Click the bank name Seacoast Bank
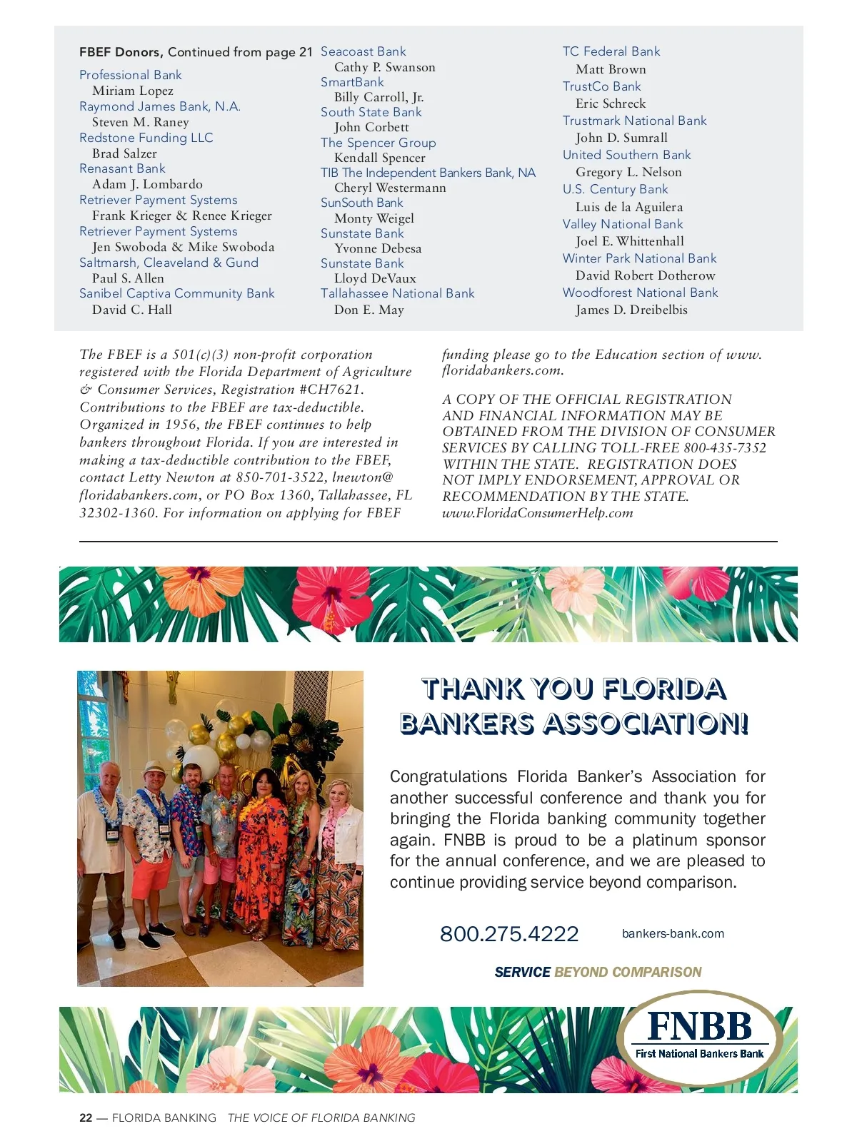coord(363,51)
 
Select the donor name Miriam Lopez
coord(133,91)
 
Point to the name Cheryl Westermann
coord(390,188)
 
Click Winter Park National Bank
coord(639,258)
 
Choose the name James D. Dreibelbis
coord(631,310)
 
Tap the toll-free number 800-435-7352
coord(725,448)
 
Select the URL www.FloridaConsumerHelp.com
coord(538,513)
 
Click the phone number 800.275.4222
coord(509,933)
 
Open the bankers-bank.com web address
coord(673,933)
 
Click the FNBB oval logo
coord(700,1038)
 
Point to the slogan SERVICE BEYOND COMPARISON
coord(598,972)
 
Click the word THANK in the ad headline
coord(472,689)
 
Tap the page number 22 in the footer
coord(86,1118)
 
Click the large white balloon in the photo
coord(201,760)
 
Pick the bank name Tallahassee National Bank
coord(397,293)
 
